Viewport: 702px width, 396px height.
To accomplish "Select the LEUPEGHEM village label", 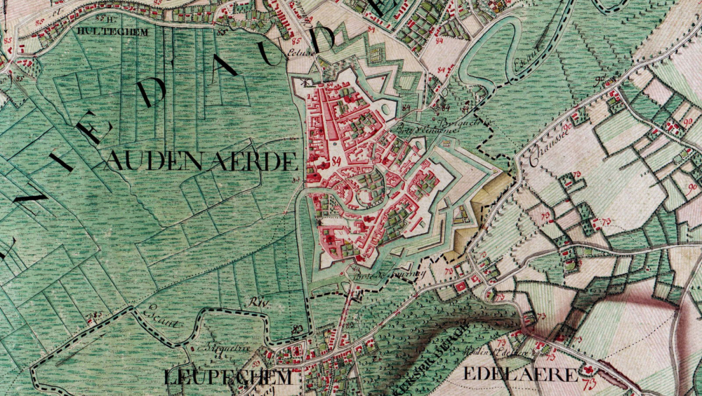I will point(227,377).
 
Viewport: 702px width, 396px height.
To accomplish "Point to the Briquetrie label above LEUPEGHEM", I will point(215,346).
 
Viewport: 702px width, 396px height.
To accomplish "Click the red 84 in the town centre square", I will point(336,161).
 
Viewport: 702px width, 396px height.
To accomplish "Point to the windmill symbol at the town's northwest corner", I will point(307,82).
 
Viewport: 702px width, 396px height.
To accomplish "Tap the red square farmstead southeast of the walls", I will point(461,286).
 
